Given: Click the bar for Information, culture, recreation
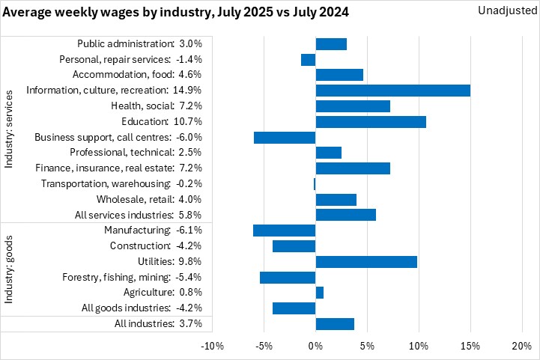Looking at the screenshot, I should coord(392,91).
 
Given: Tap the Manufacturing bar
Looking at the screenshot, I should coord(284,230).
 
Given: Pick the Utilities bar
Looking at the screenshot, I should coord(366,261).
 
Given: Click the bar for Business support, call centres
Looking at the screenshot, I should coord(285,137).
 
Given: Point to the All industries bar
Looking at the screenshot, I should coord(335,323).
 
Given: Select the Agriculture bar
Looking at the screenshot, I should coord(320,292).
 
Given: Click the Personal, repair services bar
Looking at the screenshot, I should coord(309,60).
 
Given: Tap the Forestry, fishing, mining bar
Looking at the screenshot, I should coord(288,277).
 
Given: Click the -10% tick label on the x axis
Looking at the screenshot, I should coord(213,347).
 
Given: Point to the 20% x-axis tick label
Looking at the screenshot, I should coord(521,347).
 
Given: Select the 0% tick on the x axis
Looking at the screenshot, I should coord(315,347).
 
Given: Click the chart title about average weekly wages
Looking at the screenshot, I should coord(177,13).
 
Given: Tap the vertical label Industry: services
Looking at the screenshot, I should coord(10,129).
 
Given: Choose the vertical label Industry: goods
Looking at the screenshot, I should coord(10,269).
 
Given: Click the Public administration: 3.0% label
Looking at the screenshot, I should coord(139,44).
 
